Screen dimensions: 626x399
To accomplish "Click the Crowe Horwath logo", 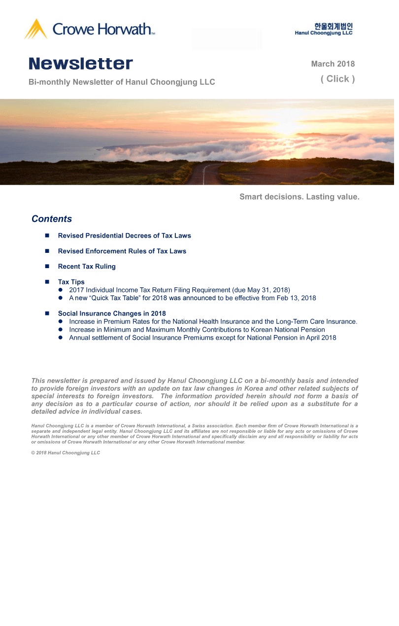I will point(90,29).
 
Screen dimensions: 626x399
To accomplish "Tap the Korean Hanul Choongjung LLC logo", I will point(324,29).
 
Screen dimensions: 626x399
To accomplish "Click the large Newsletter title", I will point(81,64).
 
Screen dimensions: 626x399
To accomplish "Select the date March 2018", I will point(332,64).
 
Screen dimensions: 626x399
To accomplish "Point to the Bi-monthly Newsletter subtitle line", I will point(122,82).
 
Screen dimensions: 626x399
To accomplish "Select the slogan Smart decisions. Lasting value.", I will point(299,197).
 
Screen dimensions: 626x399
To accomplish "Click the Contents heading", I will point(52,219).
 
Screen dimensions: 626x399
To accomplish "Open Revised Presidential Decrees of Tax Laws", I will point(124,236).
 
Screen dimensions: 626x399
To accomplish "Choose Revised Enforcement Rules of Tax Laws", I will point(122,251).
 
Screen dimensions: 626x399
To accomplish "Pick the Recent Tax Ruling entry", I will point(87,267).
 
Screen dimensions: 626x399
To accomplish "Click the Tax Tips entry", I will point(71,282).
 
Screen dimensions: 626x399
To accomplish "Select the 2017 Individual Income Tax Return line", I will point(179,290).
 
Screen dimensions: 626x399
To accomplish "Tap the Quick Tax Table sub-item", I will point(192,298).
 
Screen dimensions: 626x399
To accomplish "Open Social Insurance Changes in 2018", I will point(112,313).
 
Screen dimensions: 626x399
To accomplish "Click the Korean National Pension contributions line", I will point(197,330).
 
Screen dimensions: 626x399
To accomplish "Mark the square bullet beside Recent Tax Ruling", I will point(47,267).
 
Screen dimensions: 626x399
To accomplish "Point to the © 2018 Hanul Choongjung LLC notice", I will point(66,453).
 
